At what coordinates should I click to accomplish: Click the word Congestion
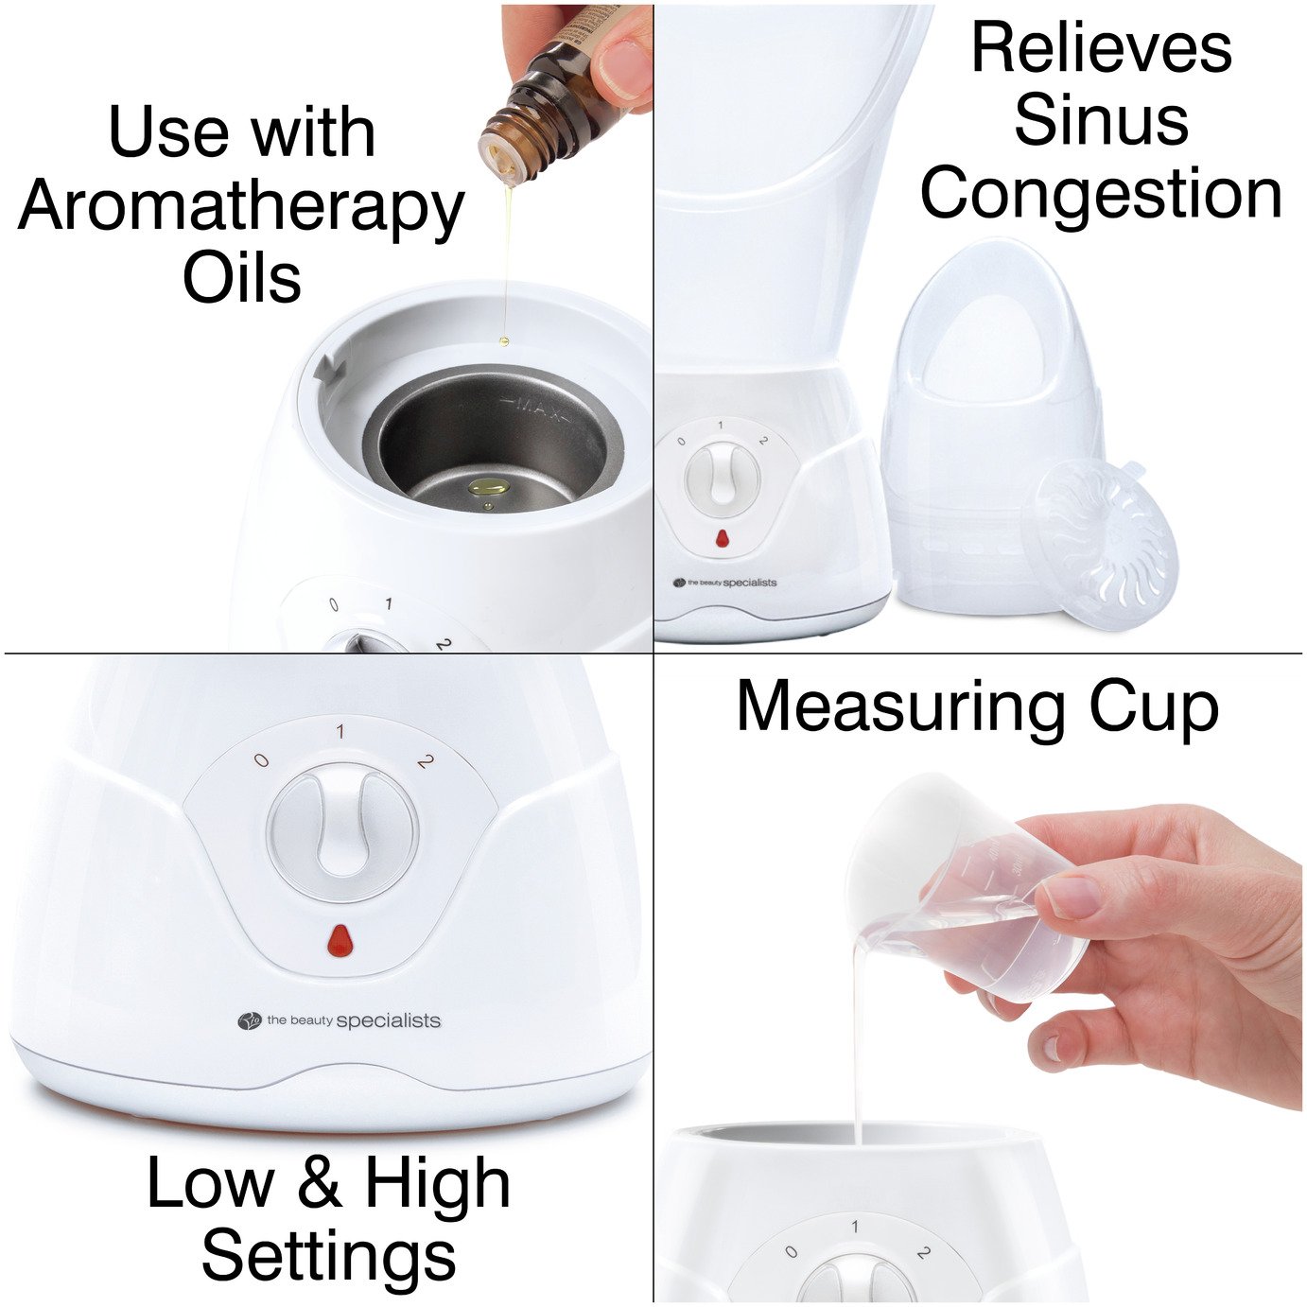click(1101, 194)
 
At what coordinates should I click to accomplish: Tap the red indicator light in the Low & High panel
click(340, 941)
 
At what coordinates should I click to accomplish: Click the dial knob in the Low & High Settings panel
click(341, 828)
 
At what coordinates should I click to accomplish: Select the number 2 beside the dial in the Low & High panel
click(425, 760)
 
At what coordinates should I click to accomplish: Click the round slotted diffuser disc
click(1107, 543)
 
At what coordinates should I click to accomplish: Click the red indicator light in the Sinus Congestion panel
click(722, 539)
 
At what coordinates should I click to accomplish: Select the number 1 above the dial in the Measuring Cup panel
click(855, 1227)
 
